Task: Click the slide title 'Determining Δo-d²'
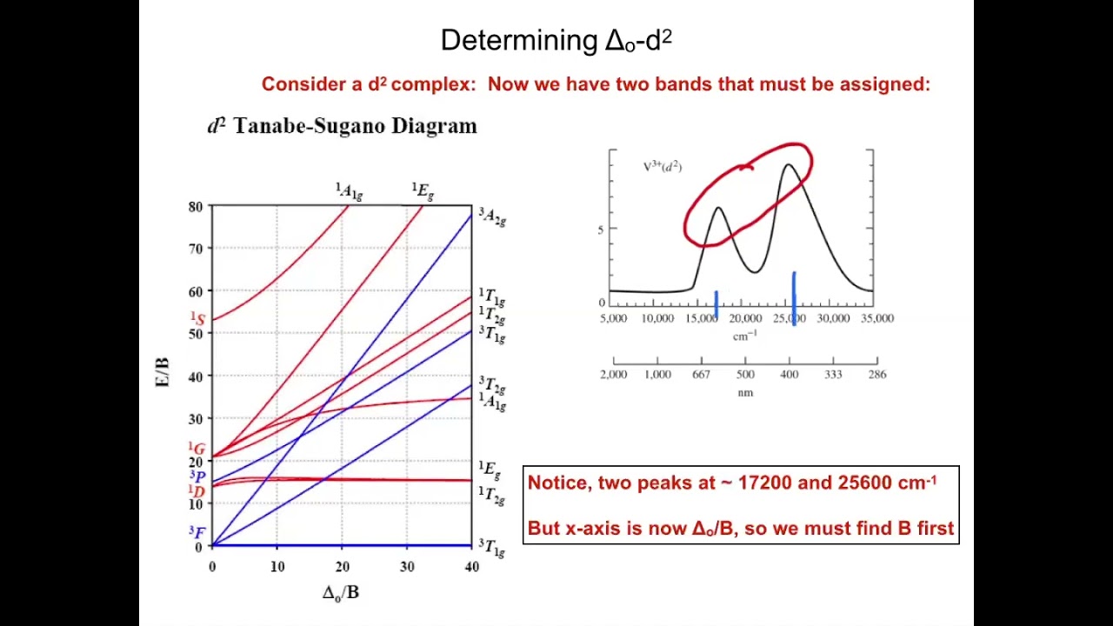pos(556,41)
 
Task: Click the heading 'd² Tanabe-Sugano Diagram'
pos(342,126)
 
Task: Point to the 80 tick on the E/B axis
pos(195,207)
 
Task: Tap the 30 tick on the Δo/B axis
pos(407,567)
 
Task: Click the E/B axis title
pos(163,371)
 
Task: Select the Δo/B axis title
pos(340,593)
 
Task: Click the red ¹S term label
pos(198,319)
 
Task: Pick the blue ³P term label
pos(197,476)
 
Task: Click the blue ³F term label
pos(197,532)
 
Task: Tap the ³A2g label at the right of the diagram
pos(491,216)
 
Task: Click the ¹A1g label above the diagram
pos(349,191)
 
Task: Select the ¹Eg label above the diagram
pos(423,191)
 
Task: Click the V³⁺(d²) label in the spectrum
pos(662,166)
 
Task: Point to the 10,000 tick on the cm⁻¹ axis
pos(657,318)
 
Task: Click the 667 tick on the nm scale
pos(702,375)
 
